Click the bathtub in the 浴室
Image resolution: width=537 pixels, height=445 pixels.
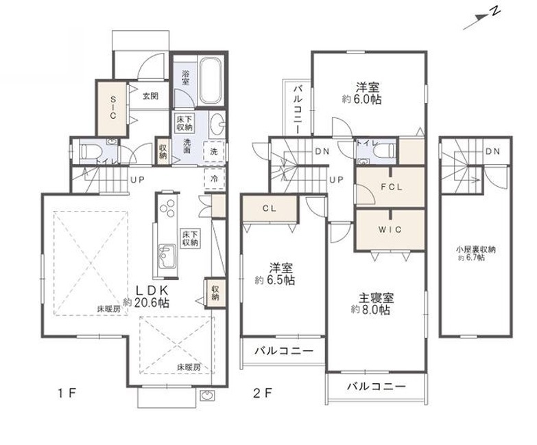[211, 80]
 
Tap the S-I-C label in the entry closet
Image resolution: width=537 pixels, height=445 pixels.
[112, 107]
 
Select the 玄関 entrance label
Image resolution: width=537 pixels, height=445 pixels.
[150, 96]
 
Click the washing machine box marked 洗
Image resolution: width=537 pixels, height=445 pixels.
[214, 151]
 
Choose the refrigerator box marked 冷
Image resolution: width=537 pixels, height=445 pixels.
[214, 179]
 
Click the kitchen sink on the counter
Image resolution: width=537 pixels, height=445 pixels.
[167, 256]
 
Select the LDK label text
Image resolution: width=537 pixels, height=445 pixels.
[152, 290]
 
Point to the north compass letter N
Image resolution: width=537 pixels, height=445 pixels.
[494, 12]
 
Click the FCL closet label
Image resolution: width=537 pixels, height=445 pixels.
[392, 187]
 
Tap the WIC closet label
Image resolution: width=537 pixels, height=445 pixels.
[390, 229]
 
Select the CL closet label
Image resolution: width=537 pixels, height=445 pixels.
[270, 209]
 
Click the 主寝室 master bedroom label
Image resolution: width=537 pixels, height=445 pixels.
[376, 297]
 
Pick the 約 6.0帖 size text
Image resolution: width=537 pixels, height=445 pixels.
[361, 100]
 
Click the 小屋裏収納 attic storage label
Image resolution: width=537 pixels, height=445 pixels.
[475, 249]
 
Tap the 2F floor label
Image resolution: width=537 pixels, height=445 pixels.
[263, 393]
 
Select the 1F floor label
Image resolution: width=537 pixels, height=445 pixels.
[67, 393]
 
